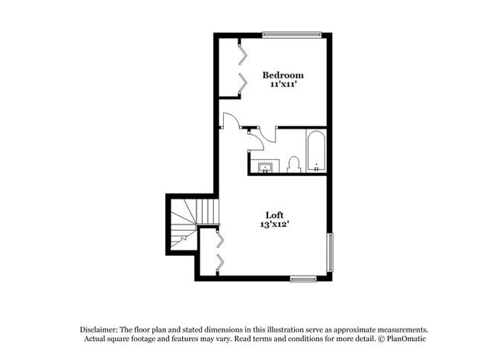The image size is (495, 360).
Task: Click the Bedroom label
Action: [x=283, y=75]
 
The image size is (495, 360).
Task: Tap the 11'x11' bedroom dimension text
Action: [x=283, y=85]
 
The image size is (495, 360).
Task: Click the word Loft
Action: [x=275, y=214]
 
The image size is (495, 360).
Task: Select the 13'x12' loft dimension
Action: [x=275, y=225]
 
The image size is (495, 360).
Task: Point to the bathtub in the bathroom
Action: [x=316, y=151]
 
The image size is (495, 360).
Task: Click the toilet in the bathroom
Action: [x=294, y=164]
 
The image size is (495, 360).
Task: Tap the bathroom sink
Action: [x=266, y=167]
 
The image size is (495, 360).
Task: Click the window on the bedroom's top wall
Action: [x=292, y=34]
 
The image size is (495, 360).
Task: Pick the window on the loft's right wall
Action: [x=330, y=252]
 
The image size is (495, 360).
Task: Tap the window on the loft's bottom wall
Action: [x=303, y=279]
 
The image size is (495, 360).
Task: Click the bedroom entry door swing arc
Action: [x=231, y=119]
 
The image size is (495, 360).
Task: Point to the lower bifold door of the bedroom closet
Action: [x=241, y=81]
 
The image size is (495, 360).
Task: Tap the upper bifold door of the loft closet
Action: [x=219, y=240]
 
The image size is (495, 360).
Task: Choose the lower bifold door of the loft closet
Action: [x=219, y=263]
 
